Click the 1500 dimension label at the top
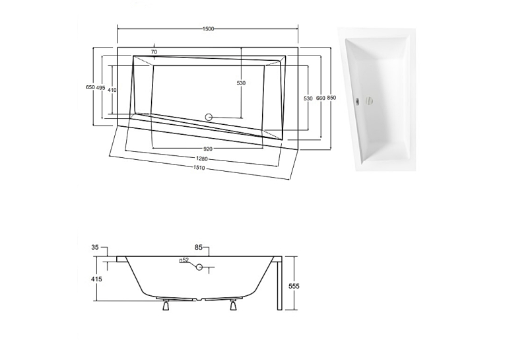(208, 29)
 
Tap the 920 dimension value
(208, 149)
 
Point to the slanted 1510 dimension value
(199, 168)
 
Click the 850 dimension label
(331, 98)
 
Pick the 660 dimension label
(321, 98)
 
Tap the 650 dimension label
(90, 87)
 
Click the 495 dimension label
(100, 88)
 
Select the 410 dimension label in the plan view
(112, 90)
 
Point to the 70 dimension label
(154, 52)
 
